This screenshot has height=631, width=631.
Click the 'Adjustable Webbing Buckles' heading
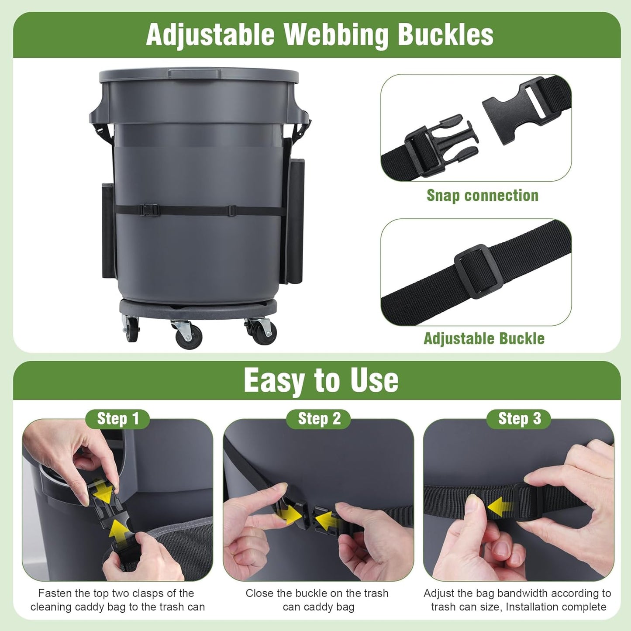point(320,34)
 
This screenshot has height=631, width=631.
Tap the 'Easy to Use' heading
point(321,380)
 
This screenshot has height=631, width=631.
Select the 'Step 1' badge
point(117,419)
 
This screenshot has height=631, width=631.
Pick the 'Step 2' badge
point(319,419)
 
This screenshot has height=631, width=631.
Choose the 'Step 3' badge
point(519,419)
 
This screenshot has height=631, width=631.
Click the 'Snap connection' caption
point(482,195)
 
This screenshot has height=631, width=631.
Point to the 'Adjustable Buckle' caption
point(484,338)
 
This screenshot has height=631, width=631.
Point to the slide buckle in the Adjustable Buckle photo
point(479,271)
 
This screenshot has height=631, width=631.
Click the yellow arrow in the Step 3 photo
point(501,507)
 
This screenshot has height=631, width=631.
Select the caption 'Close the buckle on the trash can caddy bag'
point(317,600)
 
